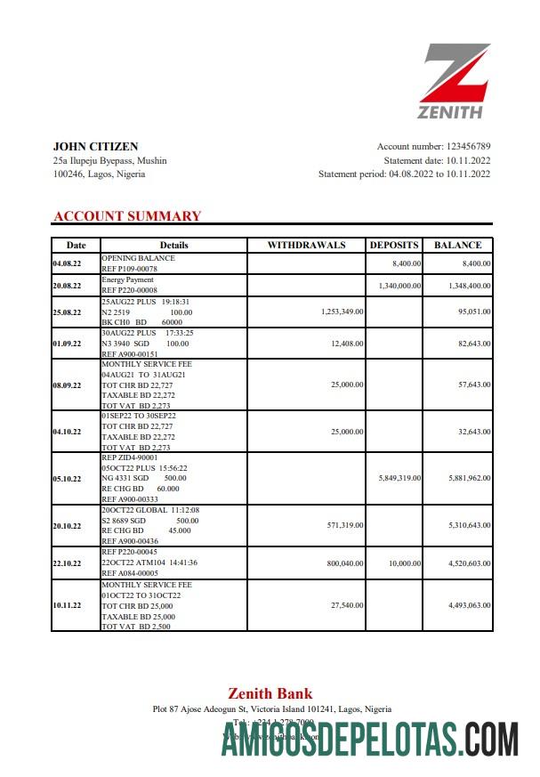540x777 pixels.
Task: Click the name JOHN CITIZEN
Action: tap(95, 146)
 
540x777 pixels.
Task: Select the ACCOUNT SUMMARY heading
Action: tap(127, 216)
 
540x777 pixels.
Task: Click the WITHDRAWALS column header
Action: tap(306, 245)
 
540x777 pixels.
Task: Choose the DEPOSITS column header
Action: tap(394, 245)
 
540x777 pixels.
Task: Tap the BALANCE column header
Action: tap(457, 245)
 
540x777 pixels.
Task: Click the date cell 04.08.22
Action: tap(68, 263)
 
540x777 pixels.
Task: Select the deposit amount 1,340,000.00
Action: tap(393, 286)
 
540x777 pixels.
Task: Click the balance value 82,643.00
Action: tap(468, 343)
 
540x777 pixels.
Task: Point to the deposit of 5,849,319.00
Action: tap(393, 478)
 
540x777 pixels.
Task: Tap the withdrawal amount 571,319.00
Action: tap(340, 525)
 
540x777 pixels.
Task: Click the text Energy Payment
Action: tap(127, 279)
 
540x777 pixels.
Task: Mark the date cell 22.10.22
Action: tap(68, 563)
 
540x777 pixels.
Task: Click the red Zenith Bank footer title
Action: tap(270, 693)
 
